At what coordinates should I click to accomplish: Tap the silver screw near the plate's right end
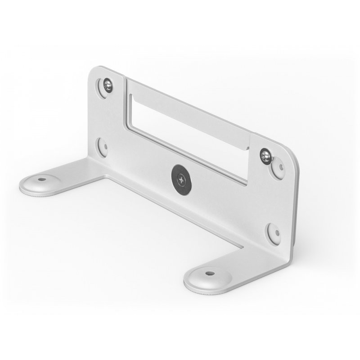[x=265, y=156]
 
